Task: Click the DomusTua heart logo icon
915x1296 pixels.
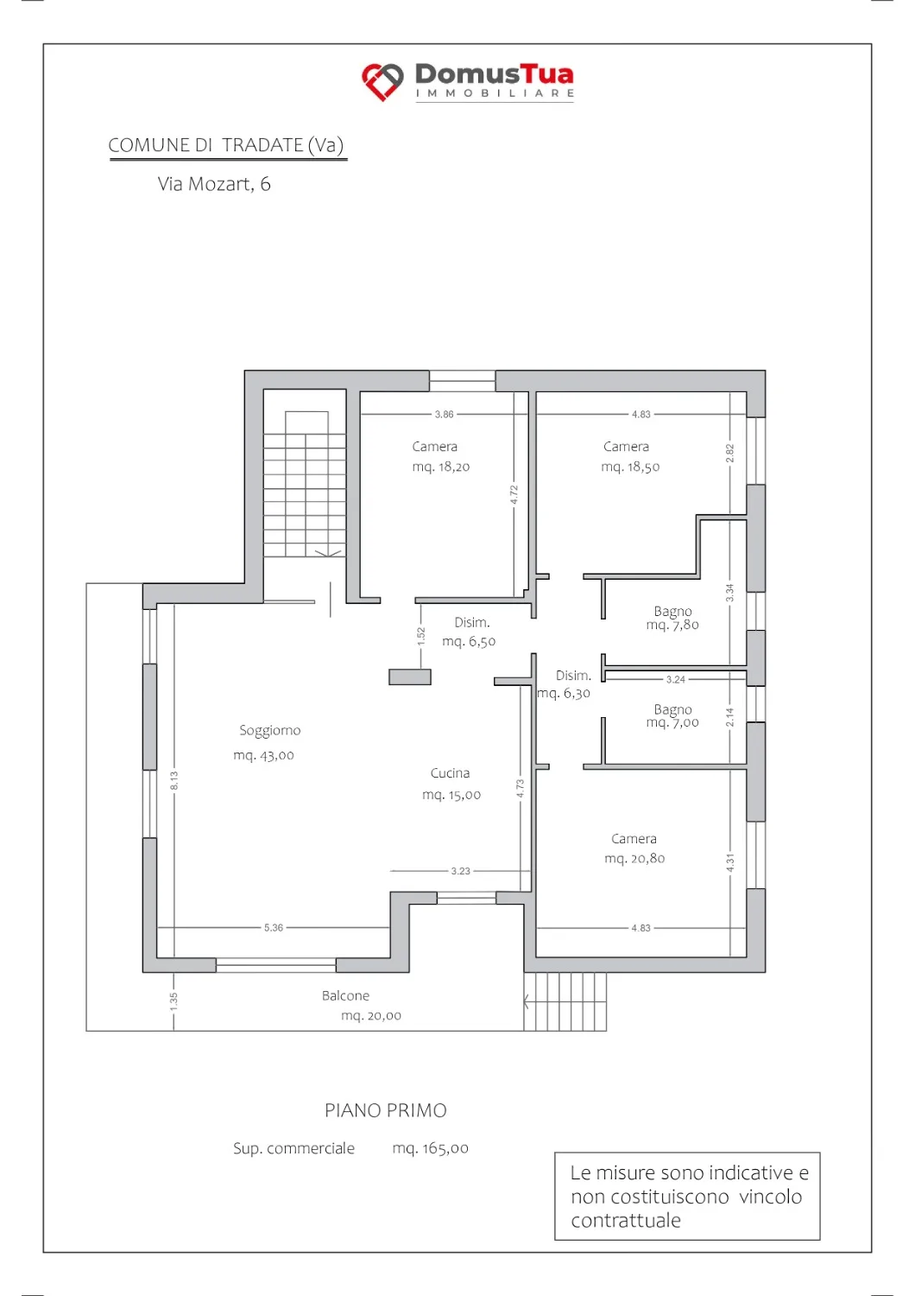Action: [382, 81]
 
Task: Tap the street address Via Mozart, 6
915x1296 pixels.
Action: [214, 184]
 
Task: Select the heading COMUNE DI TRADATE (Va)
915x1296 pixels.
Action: [226, 145]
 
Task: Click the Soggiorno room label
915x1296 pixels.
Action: [270, 730]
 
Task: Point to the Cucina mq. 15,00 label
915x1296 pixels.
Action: [451, 784]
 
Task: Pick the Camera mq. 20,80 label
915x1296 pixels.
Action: [634, 848]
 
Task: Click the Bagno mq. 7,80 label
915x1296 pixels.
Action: [672, 618]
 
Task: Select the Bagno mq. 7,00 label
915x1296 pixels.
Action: [672, 715]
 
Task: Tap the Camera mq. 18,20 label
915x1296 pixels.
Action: [440, 456]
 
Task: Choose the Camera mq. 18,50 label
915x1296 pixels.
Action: [630, 456]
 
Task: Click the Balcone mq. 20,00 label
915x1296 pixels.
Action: [362, 1005]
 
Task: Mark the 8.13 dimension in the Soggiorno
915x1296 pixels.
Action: [174, 780]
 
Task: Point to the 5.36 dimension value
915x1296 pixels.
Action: [274, 927]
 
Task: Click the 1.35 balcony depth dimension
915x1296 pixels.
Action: [174, 1002]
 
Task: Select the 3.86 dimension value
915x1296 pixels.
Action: [444, 414]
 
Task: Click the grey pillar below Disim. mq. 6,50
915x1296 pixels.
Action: [410, 677]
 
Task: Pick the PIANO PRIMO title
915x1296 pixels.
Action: [386, 1110]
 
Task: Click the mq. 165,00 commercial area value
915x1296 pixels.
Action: [430, 1148]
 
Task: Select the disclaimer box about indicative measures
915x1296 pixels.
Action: [687, 1196]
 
